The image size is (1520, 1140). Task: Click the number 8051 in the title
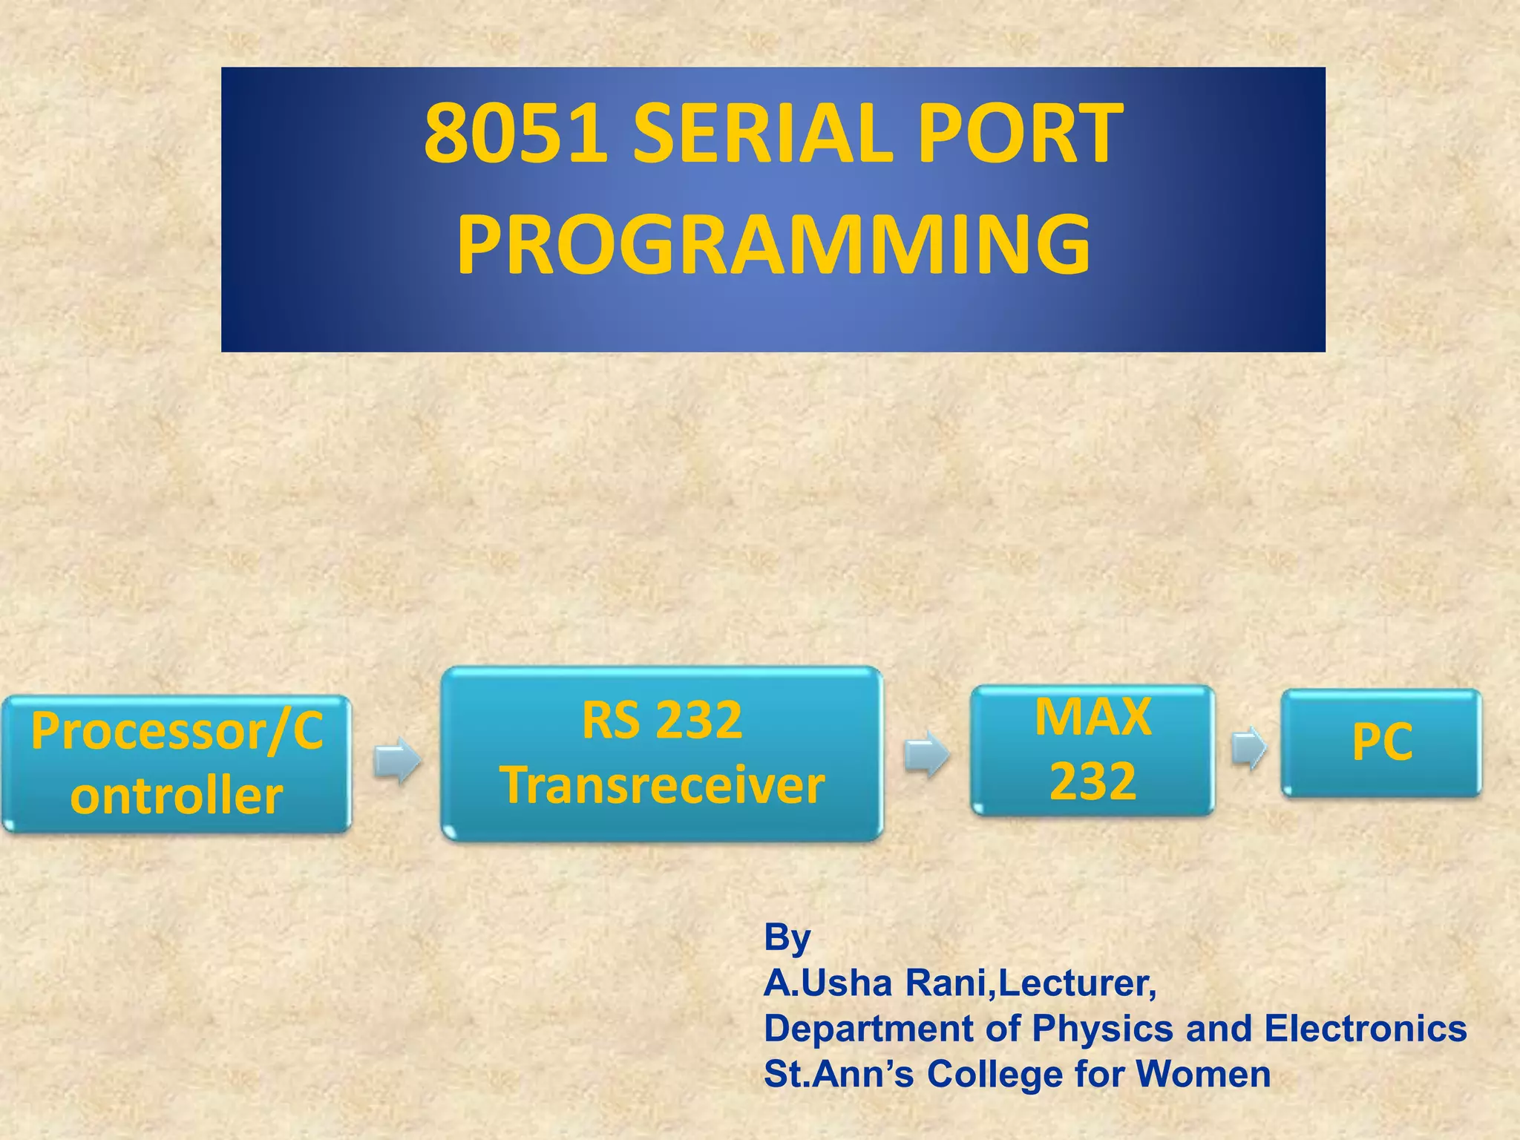[516, 135]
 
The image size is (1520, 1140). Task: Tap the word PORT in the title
[1021, 135]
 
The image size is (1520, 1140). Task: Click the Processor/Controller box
[177, 763]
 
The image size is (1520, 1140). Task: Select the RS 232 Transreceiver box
[662, 753]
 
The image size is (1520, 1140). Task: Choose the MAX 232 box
[1092, 750]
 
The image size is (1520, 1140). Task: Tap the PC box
[1381, 743]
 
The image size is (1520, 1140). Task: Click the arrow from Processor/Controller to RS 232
[396, 760]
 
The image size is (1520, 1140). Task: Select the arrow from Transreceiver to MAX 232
[926, 754]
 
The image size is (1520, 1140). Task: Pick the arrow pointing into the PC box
[1249, 748]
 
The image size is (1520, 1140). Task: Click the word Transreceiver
[662, 785]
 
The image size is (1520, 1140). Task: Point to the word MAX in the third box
[1092, 717]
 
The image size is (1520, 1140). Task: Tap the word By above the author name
[787, 937]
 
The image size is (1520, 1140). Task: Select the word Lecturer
[1076, 983]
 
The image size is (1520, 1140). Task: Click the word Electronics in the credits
[1365, 1029]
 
